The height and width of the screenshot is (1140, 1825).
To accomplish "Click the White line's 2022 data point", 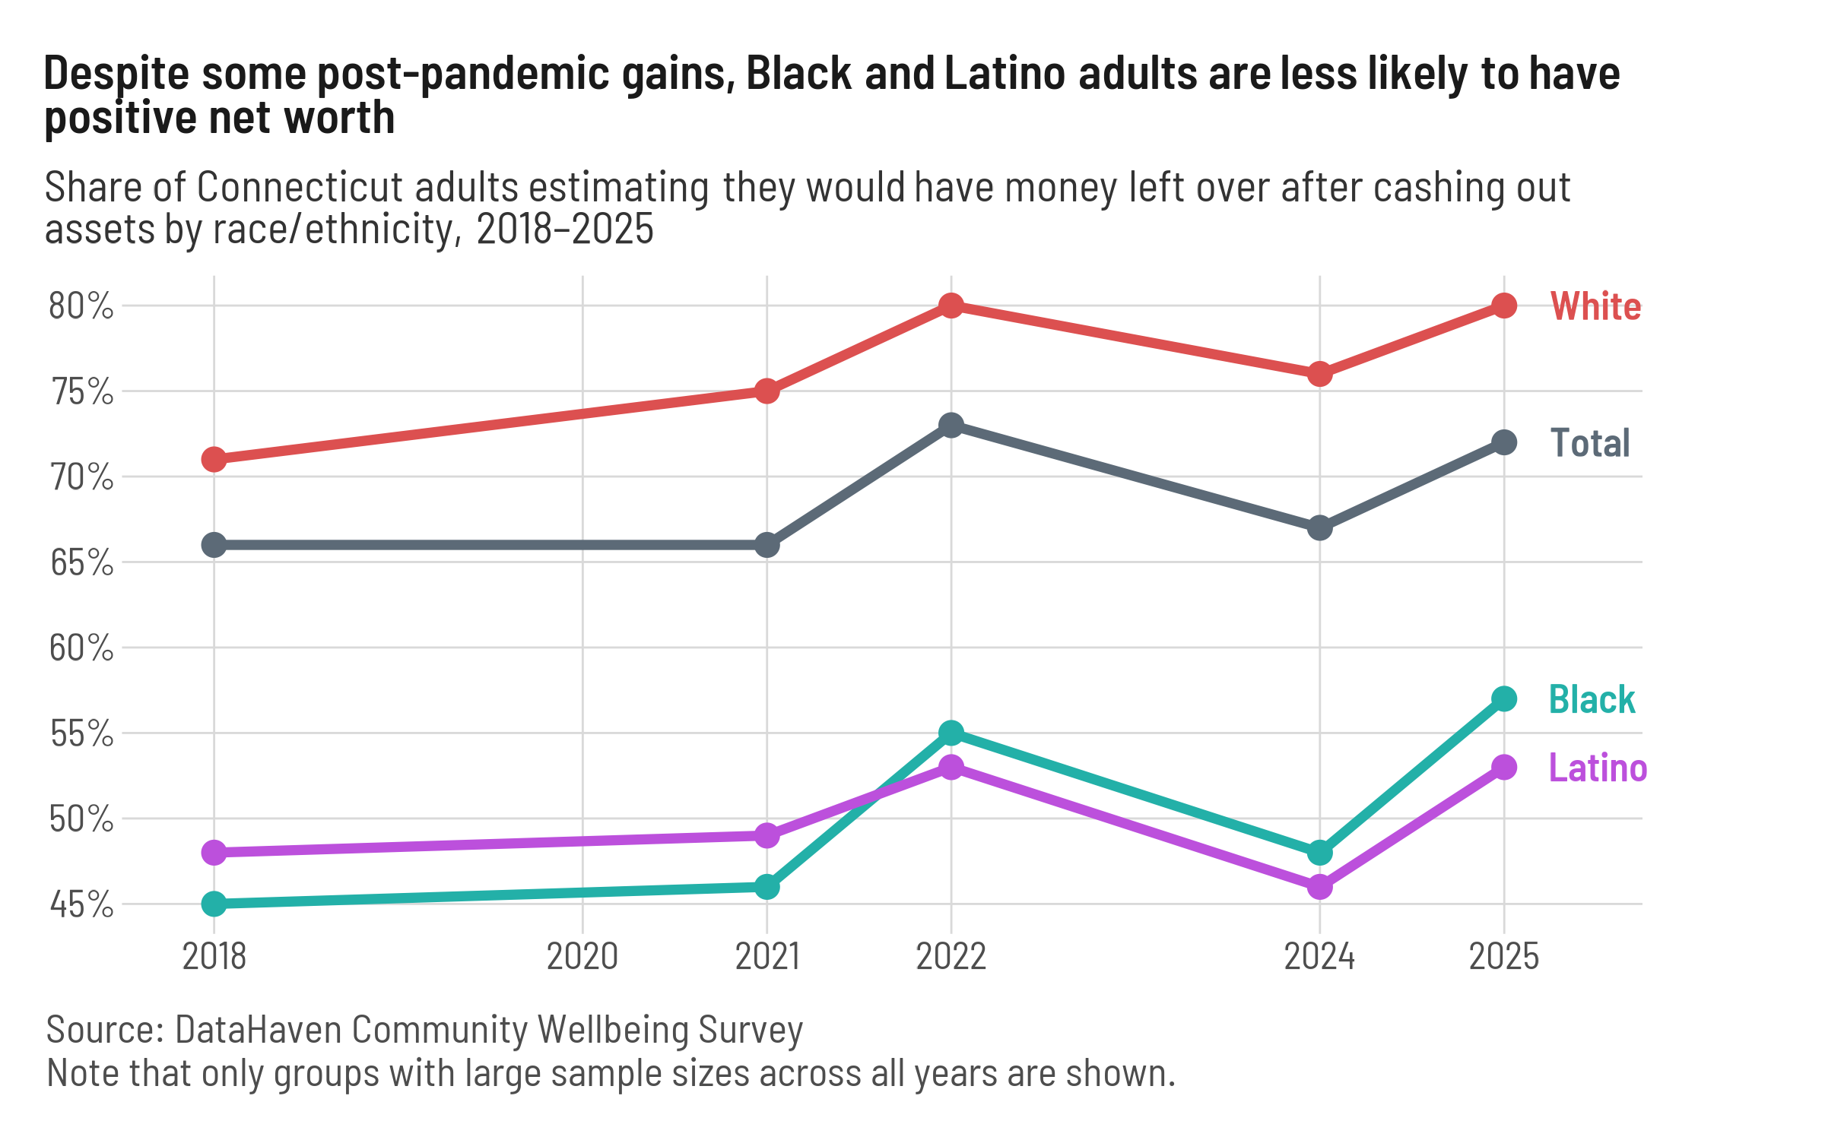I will [x=951, y=306].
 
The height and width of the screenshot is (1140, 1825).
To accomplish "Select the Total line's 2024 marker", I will [x=1319, y=527].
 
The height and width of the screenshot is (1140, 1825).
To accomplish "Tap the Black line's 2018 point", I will [x=214, y=904].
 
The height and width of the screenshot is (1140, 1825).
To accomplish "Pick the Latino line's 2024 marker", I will [x=1319, y=886].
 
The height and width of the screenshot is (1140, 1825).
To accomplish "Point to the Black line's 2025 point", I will [x=1503, y=698].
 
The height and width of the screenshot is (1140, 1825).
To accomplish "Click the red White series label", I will [x=1595, y=307].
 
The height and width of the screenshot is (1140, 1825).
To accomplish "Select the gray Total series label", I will [x=1590, y=443].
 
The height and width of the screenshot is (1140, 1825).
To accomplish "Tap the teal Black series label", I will [x=1592, y=699].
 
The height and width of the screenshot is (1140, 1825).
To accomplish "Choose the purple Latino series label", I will [x=1598, y=768].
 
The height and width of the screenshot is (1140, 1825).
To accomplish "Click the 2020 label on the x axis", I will [x=582, y=956].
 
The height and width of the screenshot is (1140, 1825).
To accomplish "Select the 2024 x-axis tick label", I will [x=1319, y=956].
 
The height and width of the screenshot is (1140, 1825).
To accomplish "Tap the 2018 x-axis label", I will [x=214, y=956].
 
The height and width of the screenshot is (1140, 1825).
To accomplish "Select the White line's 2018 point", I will [x=214, y=459].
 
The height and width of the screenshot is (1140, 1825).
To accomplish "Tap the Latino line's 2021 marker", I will [x=766, y=835].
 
